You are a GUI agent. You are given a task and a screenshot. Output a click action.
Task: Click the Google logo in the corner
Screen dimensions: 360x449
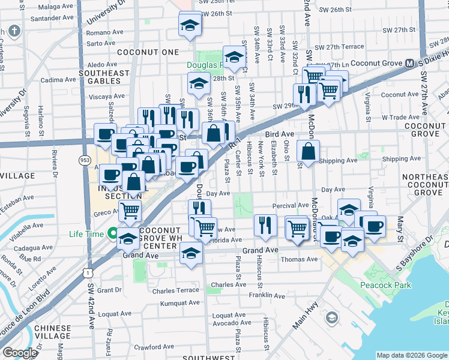20,353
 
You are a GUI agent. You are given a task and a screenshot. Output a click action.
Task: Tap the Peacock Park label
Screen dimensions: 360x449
385,285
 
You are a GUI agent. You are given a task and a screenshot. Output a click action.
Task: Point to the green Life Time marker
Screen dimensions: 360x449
113,233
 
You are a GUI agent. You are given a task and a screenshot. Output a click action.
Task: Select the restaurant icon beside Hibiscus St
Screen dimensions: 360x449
265,225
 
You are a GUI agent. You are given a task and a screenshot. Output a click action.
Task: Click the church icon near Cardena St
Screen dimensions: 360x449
13,31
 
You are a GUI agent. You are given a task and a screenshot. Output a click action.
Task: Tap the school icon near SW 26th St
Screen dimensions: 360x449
190,24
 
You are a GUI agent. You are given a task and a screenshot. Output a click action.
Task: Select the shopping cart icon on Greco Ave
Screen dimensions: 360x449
130,211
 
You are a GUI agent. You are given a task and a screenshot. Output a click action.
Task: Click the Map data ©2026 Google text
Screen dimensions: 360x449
411,355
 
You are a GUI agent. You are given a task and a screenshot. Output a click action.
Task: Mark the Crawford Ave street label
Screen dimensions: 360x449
154,347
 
